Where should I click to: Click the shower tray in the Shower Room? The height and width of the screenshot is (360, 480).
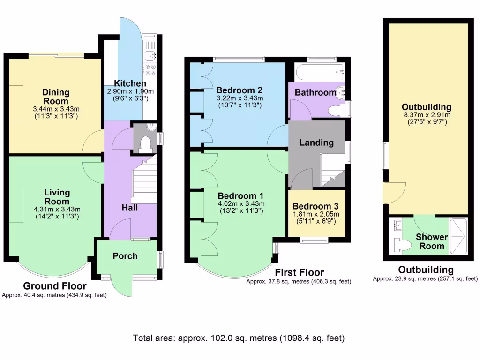458,237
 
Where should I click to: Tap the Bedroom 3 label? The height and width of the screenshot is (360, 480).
315,206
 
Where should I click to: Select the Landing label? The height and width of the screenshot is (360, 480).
316,142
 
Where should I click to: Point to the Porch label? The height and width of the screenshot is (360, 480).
125,256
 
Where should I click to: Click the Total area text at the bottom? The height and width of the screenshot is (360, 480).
239,337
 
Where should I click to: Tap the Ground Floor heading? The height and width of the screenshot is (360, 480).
54,286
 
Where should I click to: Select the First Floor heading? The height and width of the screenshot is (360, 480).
299,272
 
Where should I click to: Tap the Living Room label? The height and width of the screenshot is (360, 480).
57,197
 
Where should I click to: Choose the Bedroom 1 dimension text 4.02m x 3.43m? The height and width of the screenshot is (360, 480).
240,204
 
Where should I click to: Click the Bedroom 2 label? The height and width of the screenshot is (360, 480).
239,90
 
